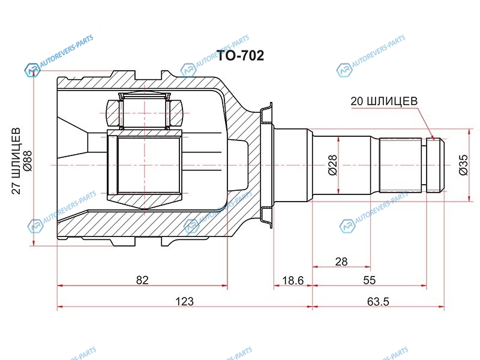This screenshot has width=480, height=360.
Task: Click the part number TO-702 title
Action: (x=241, y=56)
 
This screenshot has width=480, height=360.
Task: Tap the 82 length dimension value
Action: (x=142, y=280)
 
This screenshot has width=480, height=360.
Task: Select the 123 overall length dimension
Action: (x=185, y=301)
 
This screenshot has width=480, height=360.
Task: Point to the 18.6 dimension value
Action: (x=293, y=280)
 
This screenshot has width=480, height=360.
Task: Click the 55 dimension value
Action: (x=369, y=280)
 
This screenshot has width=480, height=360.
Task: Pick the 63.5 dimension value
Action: (x=378, y=301)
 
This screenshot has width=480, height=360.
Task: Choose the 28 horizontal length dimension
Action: (x=341, y=262)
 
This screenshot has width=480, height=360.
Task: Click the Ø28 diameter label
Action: (x=333, y=165)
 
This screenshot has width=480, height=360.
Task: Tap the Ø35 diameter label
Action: (x=464, y=165)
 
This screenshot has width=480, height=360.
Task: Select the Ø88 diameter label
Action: (x=27, y=161)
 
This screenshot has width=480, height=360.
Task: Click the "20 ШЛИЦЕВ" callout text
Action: (x=384, y=101)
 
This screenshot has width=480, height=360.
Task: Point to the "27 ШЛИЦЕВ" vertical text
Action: (x=16, y=161)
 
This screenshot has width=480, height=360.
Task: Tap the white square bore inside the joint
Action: (x=148, y=166)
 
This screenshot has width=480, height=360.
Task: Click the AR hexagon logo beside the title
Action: (x=188, y=70)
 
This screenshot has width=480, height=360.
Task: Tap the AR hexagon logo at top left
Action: (x=32, y=70)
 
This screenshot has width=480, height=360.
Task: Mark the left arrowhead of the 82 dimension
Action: (x=60, y=286)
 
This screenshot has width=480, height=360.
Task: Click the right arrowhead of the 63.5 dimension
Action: (x=441, y=306)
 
